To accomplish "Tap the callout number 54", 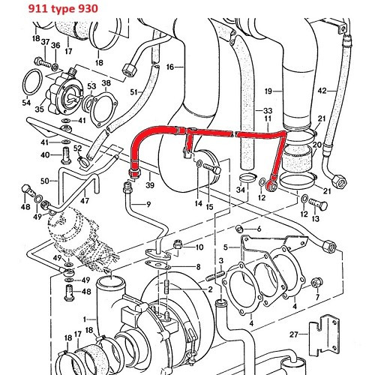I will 27,102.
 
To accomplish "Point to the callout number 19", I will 268,91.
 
